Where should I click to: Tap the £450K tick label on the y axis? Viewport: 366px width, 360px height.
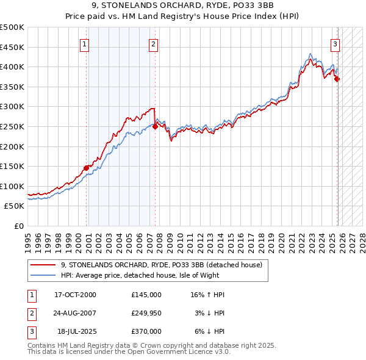12,47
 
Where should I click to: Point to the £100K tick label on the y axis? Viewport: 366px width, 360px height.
12,186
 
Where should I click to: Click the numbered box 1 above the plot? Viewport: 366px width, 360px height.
84,44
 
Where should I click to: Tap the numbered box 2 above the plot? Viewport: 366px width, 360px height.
153,44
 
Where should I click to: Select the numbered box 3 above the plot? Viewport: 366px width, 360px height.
335,44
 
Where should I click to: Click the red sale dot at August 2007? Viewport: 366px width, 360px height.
155,126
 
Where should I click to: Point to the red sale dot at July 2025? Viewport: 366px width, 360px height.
337,79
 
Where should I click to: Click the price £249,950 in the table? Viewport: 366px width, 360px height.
146,313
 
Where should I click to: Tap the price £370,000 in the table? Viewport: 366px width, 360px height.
146,331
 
